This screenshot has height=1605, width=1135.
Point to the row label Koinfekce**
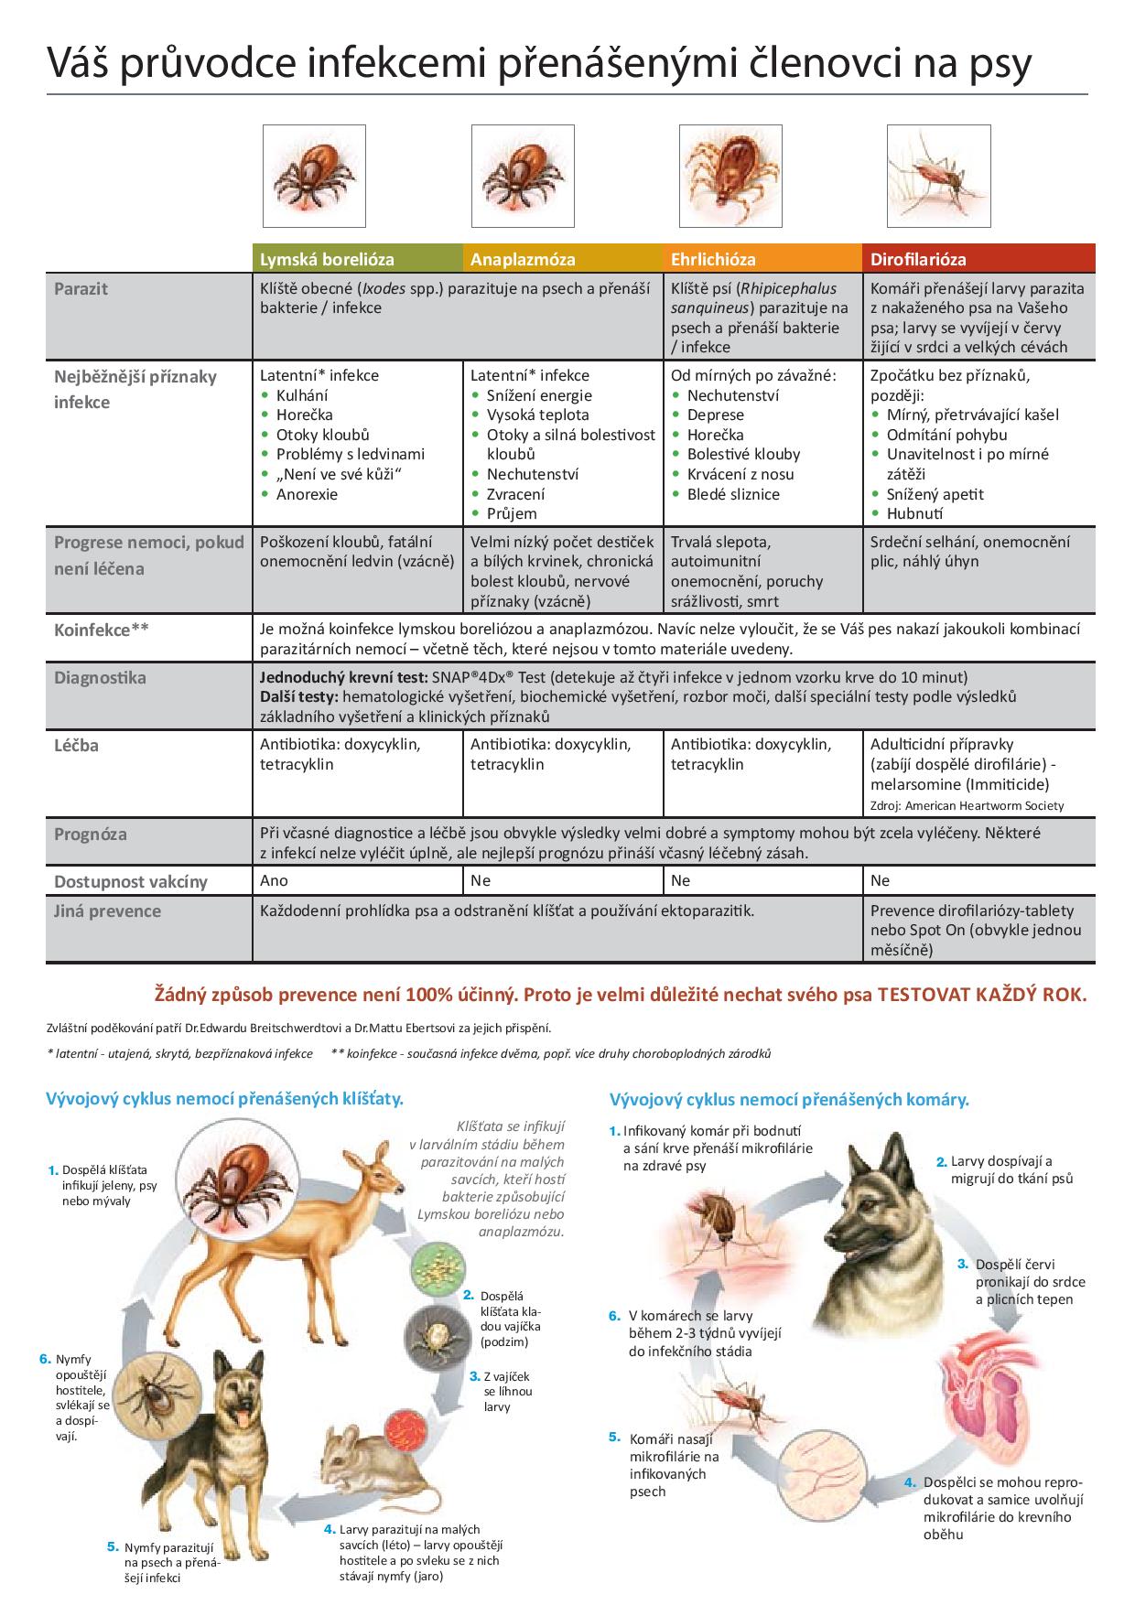[102, 630]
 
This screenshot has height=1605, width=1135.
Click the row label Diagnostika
[100, 679]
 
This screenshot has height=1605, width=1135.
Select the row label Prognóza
[91, 835]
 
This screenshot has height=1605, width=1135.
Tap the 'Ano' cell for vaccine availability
[274, 880]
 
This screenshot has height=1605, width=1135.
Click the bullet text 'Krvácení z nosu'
[740, 474]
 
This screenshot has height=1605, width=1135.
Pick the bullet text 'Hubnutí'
[914, 514]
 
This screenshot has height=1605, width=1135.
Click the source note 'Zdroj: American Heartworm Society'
[967, 806]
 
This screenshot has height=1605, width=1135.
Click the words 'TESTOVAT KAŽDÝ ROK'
[982, 995]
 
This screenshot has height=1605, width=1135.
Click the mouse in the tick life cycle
[366, 1455]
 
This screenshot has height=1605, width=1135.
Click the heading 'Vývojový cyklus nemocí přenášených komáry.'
[789, 1099]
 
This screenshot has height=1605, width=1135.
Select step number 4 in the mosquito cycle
[910, 1482]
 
